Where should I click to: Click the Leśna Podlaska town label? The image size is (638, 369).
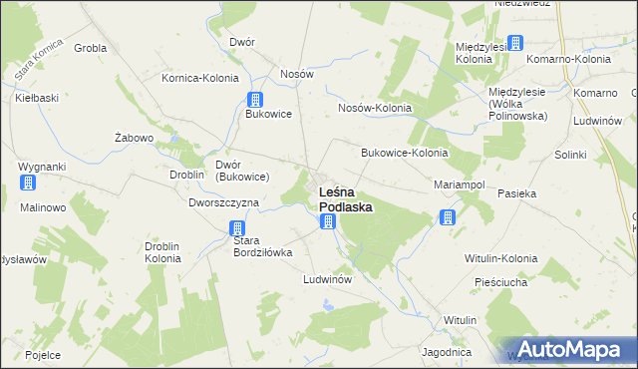[345, 199]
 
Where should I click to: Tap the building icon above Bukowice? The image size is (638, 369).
[255, 99]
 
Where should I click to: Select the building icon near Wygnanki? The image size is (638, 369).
[28, 184]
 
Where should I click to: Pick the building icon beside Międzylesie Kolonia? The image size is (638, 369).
[514, 43]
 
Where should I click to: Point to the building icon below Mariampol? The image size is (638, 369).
[448, 217]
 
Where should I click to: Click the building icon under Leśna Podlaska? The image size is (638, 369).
[328, 221]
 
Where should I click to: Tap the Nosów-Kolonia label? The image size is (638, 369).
[375, 108]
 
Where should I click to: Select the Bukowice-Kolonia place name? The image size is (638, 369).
[404, 154]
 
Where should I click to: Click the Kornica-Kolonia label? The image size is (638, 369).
[200, 78]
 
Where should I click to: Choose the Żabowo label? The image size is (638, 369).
[133, 138]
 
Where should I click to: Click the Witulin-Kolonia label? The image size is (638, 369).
[500, 258]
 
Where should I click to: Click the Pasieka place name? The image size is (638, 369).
[517, 192]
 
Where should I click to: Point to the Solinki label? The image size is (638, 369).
[571, 156]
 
